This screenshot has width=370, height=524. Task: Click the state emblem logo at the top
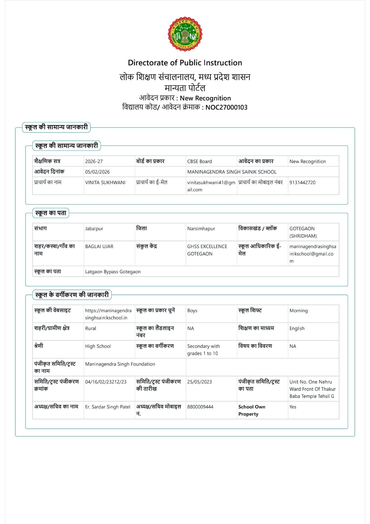point(185,34)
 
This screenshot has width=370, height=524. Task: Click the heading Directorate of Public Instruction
point(185,63)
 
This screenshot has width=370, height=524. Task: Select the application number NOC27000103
point(226,107)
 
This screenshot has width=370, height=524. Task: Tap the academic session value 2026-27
point(94,161)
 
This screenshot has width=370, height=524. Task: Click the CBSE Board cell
point(199,161)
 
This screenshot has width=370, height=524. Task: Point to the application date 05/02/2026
point(97,172)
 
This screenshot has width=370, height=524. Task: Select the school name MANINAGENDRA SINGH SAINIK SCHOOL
point(232,172)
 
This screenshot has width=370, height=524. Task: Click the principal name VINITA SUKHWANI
point(105,182)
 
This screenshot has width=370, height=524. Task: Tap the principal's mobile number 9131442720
point(302,182)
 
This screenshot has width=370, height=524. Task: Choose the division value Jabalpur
point(94,229)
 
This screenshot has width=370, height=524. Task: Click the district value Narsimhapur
point(201,229)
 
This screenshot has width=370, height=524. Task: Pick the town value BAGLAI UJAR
point(99,246)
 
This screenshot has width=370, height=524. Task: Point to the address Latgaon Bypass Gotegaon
point(113,271)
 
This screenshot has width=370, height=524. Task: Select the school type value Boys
point(192,310)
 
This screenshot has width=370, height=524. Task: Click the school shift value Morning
point(298,310)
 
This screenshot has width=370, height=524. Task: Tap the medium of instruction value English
point(297,328)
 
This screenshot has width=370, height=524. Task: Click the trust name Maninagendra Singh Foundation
point(120,364)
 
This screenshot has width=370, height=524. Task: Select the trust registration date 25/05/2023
point(199,382)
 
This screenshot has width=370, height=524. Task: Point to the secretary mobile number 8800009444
point(200,407)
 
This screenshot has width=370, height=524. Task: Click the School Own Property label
point(251,410)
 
